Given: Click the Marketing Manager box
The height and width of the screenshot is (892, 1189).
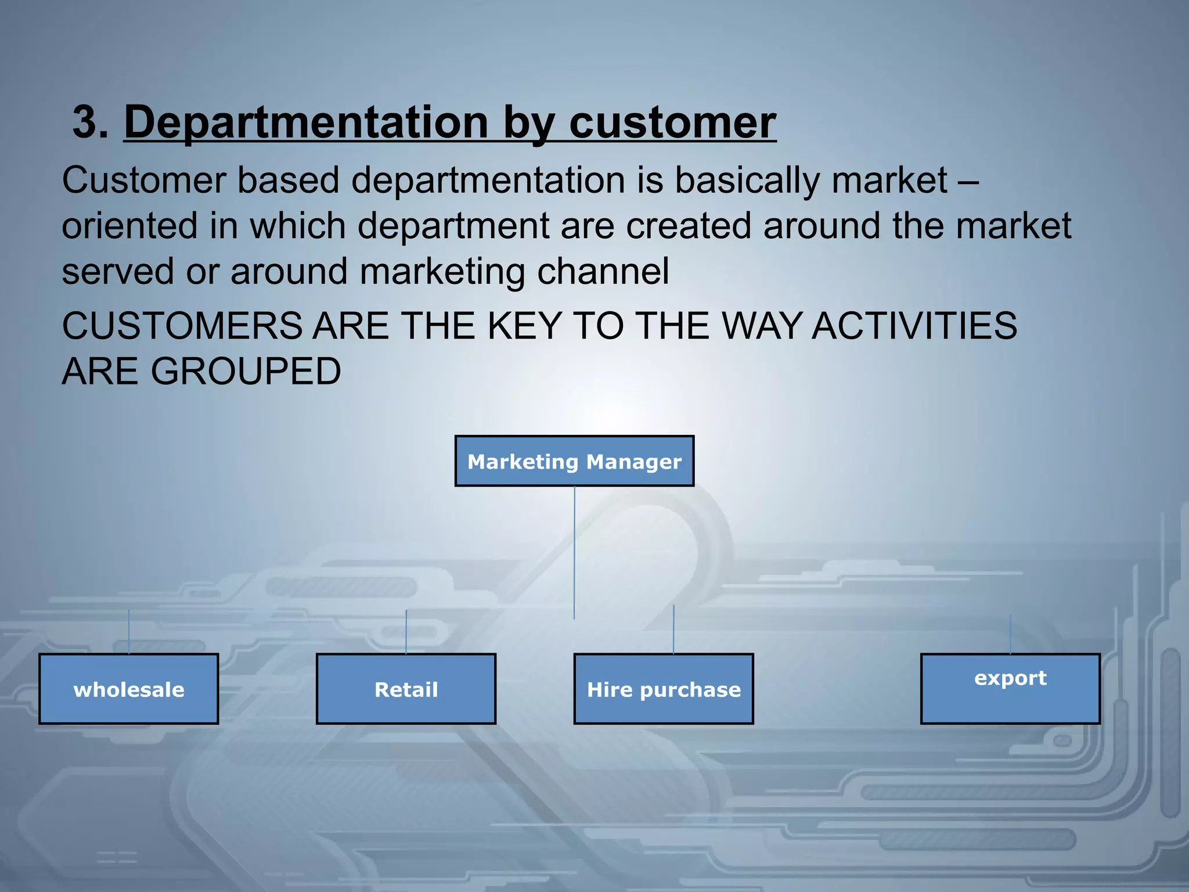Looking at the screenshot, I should tap(574, 461).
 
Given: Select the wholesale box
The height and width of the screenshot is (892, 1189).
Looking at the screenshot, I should tap(129, 689).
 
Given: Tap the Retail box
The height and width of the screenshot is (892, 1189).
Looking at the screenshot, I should tap(406, 689).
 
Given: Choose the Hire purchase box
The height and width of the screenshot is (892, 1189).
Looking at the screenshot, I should tap(664, 689).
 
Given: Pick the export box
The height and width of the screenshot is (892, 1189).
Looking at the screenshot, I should tap(1010, 689).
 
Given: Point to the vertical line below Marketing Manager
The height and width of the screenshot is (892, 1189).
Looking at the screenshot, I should tap(574, 552).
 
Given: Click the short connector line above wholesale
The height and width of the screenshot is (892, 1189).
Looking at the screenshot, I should tap(129, 632).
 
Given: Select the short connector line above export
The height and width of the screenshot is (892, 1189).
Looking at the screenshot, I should tap(1010, 634).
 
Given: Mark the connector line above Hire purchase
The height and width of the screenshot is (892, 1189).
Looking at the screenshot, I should tap(673, 630).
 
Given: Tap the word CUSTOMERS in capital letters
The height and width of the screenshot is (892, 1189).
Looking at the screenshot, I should tap(182, 326).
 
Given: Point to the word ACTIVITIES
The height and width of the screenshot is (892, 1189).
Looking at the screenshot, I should tap(914, 326).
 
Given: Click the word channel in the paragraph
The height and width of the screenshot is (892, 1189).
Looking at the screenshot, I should tap(603, 271).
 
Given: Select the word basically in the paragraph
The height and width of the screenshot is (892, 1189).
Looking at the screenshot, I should tap(747, 180).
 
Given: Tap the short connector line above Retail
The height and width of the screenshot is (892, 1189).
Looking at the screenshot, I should tap(406, 632).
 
